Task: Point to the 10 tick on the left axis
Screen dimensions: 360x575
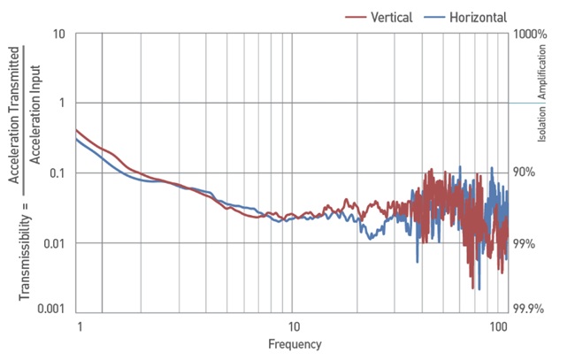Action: (58, 34)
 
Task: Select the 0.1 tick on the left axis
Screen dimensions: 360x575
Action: (56, 172)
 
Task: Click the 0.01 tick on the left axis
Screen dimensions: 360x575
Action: (53, 241)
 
